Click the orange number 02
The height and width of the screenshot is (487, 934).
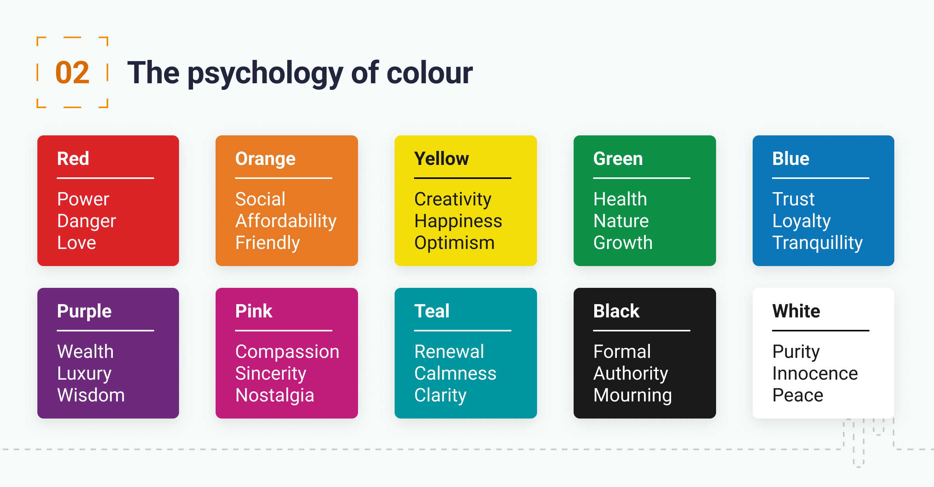[72, 73]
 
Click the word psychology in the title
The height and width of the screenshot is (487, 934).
[265, 74]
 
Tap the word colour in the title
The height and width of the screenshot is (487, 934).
[430, 73]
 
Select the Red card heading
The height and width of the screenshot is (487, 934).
[73, 159]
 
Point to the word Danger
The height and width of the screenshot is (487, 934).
[86, 221]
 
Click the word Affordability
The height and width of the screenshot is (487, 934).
[286, 221]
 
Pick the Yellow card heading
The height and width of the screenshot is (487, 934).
[442, 159]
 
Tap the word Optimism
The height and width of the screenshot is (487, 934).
[455, 243]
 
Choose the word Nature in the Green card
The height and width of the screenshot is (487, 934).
[621, 221]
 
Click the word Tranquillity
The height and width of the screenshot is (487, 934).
[818, 243]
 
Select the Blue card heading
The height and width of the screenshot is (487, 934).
[791, 159]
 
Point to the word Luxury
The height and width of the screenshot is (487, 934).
[84, 374]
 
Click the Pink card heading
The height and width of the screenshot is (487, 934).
[254, 311]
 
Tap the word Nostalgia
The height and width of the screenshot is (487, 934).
[275, 396]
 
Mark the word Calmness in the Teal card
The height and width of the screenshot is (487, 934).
[455, 373]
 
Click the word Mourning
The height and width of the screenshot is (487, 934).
[633, 396]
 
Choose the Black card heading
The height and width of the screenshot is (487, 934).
[616, 311]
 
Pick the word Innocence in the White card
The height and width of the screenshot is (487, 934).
[815, 373]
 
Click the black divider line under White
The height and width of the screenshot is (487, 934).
[821, 331]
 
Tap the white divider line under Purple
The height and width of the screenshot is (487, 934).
[105, 331]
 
